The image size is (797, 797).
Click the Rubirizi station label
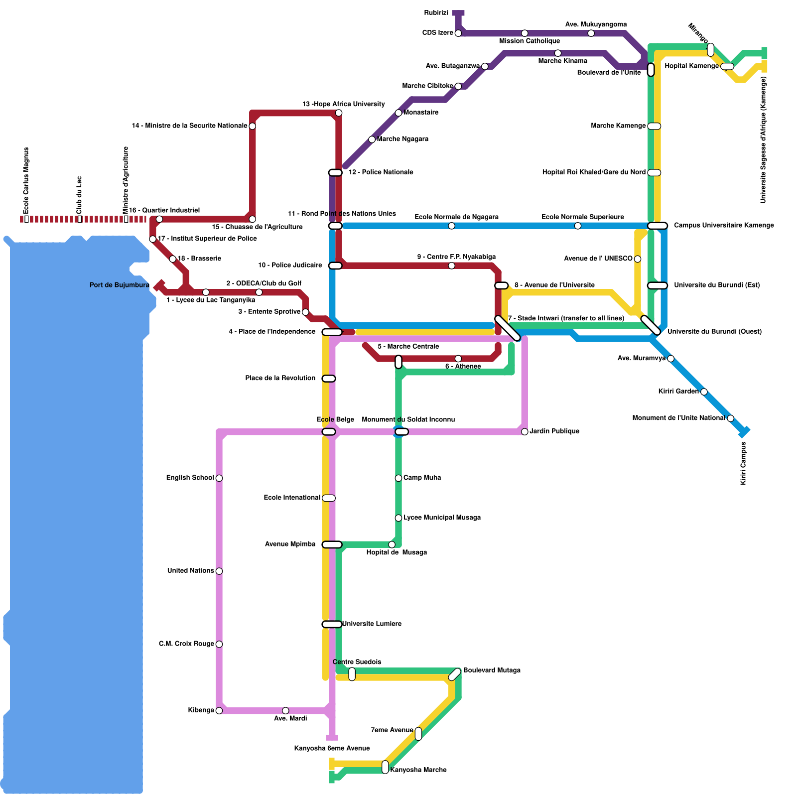click(x=436, y=13)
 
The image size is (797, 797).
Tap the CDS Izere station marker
click(x=458, y=33)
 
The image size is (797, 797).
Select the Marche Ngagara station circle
click(x=372, y=139)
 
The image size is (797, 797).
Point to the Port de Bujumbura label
click(x=120, y=285)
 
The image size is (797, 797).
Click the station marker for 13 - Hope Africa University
click(x=339, y=113)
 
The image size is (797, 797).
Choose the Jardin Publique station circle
click(x=525, y=431)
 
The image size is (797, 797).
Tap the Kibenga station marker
click(x=219, y=711)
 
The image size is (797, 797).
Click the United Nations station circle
click(x=219, y=571)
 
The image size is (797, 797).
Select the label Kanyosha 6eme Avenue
click(x=332, y=748)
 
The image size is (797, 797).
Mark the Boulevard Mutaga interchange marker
click(x=455, y=674)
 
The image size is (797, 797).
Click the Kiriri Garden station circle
click(x=704, y=392)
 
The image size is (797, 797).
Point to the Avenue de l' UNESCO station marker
click(x=638, y=259)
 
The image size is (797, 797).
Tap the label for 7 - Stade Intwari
click(x=566, y=318)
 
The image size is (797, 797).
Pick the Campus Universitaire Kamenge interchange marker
click(x=658, y=226)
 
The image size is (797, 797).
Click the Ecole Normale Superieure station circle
click(x=578, y=226)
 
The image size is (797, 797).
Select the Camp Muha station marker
click(x=398, y=478)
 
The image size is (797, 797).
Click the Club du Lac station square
click(x=80, y=219)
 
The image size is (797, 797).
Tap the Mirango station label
click(x=698, y=33)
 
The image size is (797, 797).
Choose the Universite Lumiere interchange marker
click(x=332, y=624)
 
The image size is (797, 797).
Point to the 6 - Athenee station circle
click(x=458, y=359)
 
